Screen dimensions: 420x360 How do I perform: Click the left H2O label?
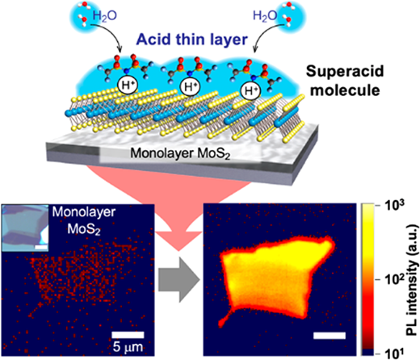coord(104,16)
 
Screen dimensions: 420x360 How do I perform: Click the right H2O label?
coord(265,16)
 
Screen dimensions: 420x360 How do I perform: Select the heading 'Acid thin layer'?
coord(191,40)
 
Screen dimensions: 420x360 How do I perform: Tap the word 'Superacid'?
coord(345,72)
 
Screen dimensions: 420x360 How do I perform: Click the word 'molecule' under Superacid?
coord(345,90)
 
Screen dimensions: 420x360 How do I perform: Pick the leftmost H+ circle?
coord(128,86)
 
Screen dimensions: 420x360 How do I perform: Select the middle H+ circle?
coord(190,87)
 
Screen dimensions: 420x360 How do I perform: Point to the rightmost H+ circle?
coord(251,90)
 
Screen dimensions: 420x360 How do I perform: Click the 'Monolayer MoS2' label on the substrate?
coord(180,153)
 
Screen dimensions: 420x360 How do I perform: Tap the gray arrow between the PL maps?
coord(179,280)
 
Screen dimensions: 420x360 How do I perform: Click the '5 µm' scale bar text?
coord(128,347)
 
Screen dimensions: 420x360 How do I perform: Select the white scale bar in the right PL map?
coord(330,335)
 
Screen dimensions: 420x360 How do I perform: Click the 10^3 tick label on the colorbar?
coord(395,206)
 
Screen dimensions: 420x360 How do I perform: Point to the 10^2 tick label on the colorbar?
coord(395,280)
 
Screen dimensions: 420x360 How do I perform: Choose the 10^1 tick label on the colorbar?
coord(395,354)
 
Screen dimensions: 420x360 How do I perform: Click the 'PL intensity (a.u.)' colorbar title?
coord(412,280)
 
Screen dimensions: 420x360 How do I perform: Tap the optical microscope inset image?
coord(25,228)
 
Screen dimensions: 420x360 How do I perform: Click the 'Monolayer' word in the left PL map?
coord(84,212)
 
